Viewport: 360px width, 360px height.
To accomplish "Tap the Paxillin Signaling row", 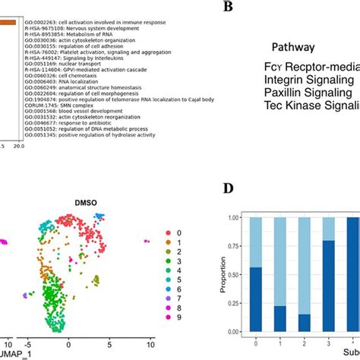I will coord(309,92).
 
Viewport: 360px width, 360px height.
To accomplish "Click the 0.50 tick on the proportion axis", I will coord(214,275).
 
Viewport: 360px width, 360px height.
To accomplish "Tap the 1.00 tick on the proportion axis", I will coord(214,217).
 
